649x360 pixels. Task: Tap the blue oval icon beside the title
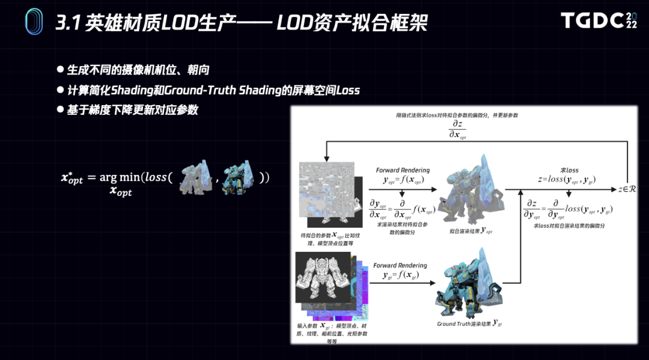pyautogui.click(x=34, y=22)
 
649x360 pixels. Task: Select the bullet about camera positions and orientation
pyautogui.click(x=138, y=70)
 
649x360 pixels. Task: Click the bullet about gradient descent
pyautogui.click(x=132, y=110)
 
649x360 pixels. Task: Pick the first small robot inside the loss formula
pyautogui.click(x=196, y=177)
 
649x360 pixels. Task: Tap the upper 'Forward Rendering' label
pyautogui.click(x=403, y=170)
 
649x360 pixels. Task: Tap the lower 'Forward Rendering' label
pyautogui.click(x=400, y=265)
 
